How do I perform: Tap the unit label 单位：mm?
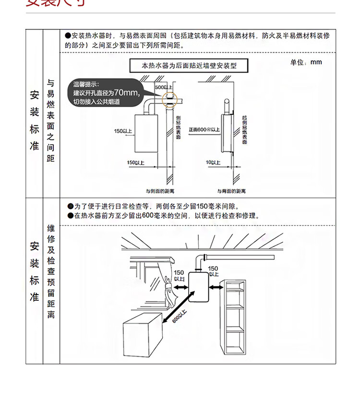[306, 62]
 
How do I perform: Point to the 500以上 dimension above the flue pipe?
[164, 86]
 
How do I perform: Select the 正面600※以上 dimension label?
[204, 130]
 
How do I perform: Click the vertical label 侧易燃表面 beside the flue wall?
[178, 128]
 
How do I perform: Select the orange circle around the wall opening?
[169, 99]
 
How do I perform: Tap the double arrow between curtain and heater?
[180, 287]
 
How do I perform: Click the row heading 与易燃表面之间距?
[51, 120]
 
